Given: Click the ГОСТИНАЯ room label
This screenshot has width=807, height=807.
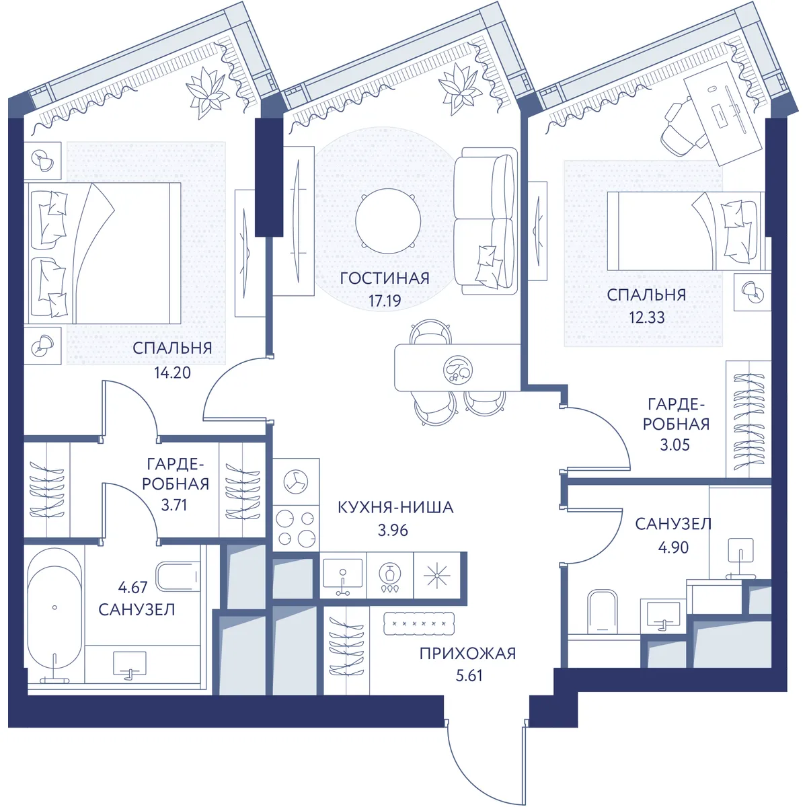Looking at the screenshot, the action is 385,278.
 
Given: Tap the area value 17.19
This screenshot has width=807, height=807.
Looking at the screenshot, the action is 385,301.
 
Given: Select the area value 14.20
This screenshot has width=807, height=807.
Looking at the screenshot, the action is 173,373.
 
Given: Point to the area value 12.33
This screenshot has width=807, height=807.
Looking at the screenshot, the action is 646,317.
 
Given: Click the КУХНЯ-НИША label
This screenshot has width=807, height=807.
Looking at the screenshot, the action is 395,507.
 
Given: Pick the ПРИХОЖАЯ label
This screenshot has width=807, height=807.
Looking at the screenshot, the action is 468,653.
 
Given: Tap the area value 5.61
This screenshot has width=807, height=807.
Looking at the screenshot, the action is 469,675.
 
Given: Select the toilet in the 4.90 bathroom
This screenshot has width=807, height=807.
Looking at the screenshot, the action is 602,612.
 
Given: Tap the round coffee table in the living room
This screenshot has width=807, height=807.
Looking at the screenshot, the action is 388,221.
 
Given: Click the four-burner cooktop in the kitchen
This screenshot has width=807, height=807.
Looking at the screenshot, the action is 296,528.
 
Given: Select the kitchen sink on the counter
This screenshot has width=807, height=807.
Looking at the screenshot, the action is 343,576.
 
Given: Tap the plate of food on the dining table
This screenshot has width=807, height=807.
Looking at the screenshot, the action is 458,369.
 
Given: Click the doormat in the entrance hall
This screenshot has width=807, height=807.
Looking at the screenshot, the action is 419,623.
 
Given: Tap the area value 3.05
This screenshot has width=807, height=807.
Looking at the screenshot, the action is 675,445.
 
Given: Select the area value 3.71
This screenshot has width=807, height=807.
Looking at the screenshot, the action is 174,505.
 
